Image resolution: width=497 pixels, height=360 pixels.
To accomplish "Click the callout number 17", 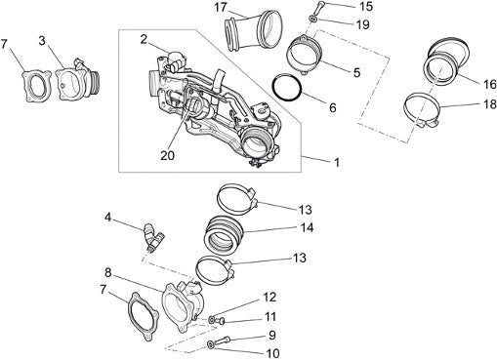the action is pyautogui.click(x=221, y=8).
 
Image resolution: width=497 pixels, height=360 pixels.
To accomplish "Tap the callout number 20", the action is pyautogui.click(x=168, y=155).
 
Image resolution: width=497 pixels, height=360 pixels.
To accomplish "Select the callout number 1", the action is pyautogui.click(x=337, y=162).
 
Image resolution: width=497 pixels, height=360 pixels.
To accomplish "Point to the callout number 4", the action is pyautogui.click(x=107, y=217).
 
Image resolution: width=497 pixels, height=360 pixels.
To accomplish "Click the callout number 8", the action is pyautogui.click(x=108, y=272).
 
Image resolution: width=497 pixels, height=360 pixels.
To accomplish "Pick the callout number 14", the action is pyautogui.click(x=307, y=227).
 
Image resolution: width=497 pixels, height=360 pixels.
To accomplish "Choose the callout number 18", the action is pyautogui.click(x=489, y=104).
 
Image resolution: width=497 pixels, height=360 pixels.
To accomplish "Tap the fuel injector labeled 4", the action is pyautogui.click(x=152, y=237).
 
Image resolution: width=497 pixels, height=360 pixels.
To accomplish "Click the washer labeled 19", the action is pyautogui.click(x=313, y=20).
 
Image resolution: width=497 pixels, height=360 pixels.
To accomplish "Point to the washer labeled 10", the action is pyautogui.click(x=210, y=344).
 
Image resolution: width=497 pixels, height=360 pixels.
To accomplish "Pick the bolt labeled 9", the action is pyautogui.click(x=222, y=340).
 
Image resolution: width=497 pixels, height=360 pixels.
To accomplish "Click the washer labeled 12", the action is pyautogui.click(x=212, y=320).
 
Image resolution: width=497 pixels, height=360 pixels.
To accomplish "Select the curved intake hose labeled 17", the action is pyautogui.click(x=253, y=31).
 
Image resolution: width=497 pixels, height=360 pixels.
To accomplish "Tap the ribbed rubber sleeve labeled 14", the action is pyautogui.click(x=225, y=236).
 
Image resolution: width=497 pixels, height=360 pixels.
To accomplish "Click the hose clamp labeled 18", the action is pyautogui.click(x=422, y=111).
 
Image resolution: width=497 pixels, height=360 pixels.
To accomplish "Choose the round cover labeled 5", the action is pyautogui.click(x=305, y=56).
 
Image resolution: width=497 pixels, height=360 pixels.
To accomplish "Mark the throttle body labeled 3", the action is pyautogui.click(x=76, y=82).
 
